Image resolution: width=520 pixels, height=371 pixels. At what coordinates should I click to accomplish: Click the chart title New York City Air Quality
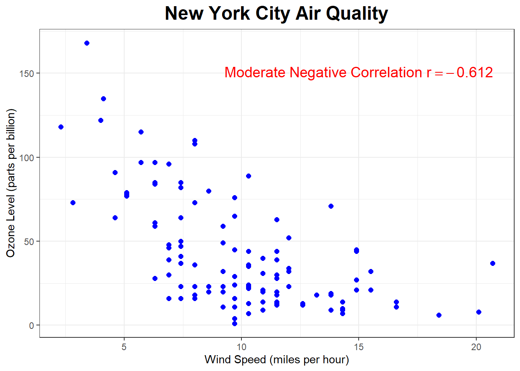coord(276,14)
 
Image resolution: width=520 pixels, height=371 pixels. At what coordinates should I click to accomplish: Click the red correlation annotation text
coord(358,73)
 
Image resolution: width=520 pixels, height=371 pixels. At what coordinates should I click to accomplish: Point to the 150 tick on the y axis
coord(27,73)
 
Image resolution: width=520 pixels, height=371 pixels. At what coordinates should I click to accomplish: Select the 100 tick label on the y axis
coord(27,158)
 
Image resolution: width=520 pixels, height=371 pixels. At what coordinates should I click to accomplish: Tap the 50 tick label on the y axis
coord(29,242)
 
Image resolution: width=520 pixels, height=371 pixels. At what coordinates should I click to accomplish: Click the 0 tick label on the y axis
coord(32,326)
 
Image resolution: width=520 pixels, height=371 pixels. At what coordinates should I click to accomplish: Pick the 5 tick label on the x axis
coord(124,347)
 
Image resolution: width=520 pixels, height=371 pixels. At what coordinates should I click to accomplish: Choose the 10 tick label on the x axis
coord(241,347)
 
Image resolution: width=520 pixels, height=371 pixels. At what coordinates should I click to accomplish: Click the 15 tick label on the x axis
coord(359,347)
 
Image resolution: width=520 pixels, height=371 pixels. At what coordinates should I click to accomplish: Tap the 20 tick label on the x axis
coord(476,347)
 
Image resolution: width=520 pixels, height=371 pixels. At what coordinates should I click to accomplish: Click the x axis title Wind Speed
coord(277,360)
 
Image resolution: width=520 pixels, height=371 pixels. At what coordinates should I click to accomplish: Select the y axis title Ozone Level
coord(11,183)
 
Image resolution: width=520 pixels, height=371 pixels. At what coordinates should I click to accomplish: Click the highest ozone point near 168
coord(87,43)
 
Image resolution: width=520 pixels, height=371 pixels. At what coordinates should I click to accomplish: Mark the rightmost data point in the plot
coord(493,264)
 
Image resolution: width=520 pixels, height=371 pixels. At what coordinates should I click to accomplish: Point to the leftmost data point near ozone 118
coord(61,127)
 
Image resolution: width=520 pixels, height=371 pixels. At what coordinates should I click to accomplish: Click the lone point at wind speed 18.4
coord(439,315)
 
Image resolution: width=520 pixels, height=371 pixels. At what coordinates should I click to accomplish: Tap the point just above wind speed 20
coord(479,312)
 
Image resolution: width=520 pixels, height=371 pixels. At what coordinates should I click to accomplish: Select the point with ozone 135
coord(103,99)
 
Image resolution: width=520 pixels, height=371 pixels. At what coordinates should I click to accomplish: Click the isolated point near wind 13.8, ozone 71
coord(331,206)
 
